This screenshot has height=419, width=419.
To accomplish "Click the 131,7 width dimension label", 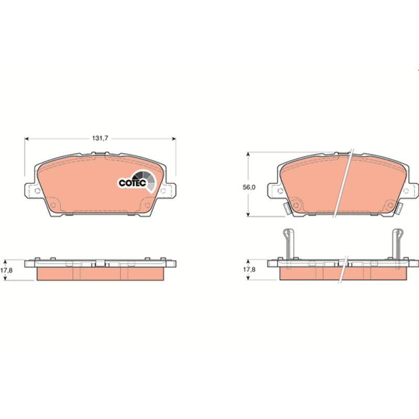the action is [100, 138].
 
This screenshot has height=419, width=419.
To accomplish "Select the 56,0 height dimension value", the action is [249, 188].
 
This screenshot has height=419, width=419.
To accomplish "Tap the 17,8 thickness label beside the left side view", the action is [6, 270].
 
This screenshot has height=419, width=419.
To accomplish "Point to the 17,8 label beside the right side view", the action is [249, 269].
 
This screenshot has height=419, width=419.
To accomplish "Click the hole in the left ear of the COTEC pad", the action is [37, 191].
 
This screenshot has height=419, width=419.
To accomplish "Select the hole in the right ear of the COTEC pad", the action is [163, 191].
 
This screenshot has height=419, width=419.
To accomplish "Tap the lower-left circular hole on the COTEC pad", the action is [53, 205].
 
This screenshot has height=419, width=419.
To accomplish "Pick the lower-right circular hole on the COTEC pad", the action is [147, 205].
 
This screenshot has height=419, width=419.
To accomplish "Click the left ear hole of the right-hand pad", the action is [280, 191].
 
